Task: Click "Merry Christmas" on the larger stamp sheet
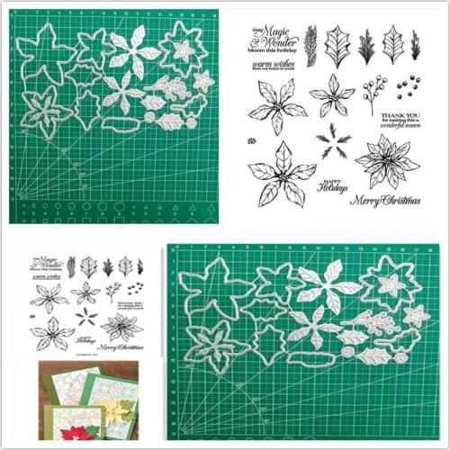coord(384,200)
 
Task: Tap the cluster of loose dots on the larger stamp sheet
coord(406,88)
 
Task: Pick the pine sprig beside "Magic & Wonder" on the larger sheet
coord(310,43)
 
